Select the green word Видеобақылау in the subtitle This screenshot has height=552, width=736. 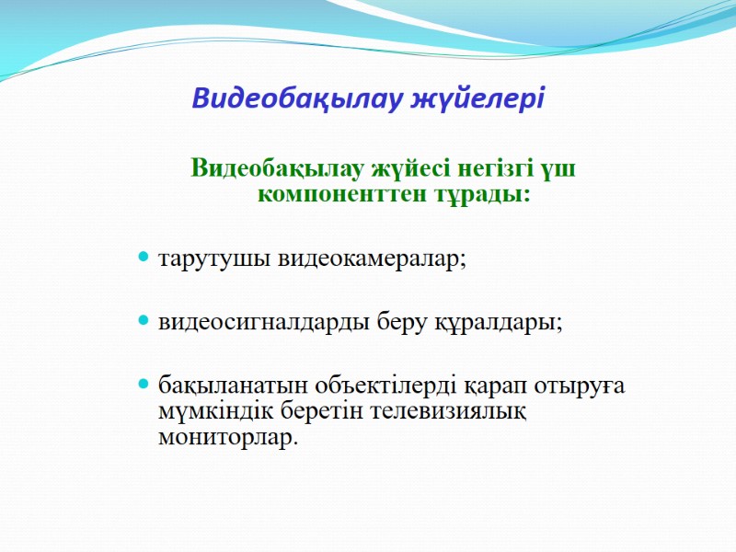coord(277,170)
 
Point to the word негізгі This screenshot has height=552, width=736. coord(487,170)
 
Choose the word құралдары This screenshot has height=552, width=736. coord(506,323)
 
